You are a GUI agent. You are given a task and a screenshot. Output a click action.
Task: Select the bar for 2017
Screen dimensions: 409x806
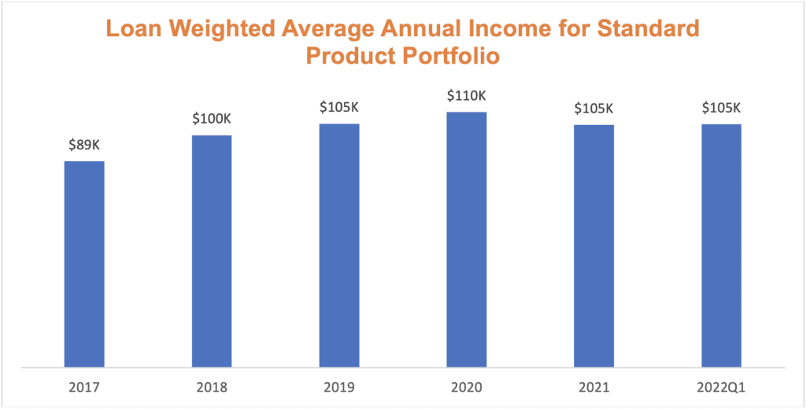click(84, 263)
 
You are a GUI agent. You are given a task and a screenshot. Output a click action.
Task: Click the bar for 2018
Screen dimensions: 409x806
click(212, 250)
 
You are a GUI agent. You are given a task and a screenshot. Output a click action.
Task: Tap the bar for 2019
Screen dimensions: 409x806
click(339, 245)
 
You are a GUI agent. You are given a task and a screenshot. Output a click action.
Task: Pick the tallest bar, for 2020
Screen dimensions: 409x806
click(467, 239)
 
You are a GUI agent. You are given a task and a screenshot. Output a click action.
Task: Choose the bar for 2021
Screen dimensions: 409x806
click(594, 245)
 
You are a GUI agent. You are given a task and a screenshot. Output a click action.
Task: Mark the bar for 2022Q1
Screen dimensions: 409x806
click(722, 245)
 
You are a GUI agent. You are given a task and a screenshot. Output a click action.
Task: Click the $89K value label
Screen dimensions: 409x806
click(84, 146)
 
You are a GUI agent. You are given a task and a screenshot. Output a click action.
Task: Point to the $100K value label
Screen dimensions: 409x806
click(212, 120)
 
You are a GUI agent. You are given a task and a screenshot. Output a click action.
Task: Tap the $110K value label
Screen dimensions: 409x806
click(467, 96)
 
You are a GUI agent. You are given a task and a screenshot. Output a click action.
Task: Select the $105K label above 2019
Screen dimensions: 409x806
click(339, 108)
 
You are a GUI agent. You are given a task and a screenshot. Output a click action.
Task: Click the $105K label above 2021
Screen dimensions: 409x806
click(594, 109)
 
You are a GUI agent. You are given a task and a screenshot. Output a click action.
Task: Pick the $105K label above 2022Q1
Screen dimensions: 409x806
click(722, 108)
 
